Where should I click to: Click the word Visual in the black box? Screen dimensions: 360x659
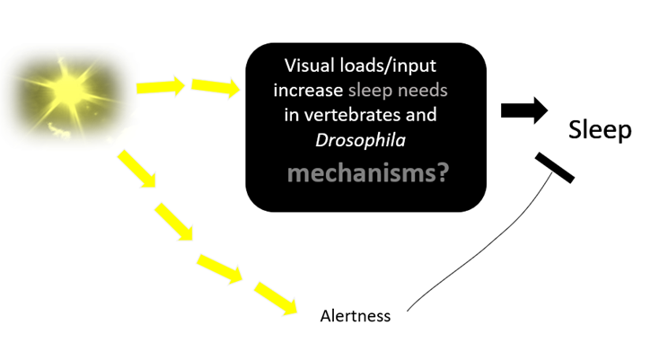click(x=309, y=66)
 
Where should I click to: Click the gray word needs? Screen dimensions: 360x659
click(x=425, y=92)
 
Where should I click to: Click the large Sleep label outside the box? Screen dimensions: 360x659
click(x=600, y=131)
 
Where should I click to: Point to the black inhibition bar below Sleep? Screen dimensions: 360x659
click(x=554, y=168)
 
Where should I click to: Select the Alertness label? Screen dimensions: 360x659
click(x=356, y=316)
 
